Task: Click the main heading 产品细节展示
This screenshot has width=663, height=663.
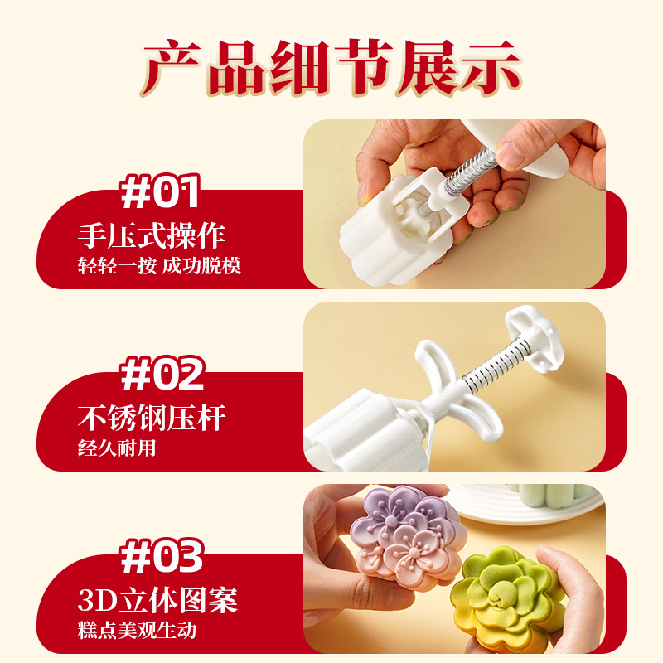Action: click(x=331, y=68)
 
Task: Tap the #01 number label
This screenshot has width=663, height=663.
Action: click(x=160, y=191)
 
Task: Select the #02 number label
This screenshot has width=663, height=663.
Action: click(x=162, y=374)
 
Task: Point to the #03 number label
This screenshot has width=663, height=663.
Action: click(x=162, y=556)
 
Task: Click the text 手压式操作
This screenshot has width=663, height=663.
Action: click(x=152, y=235)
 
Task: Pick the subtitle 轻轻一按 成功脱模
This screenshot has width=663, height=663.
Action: click(x=159, y=266)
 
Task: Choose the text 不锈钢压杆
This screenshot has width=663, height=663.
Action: click(x=152, y=418)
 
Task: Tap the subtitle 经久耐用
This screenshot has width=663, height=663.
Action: click(x=117, y=448)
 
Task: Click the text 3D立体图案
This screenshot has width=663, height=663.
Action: click(x=157, y=600)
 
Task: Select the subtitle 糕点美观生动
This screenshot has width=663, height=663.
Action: click(x=137, y=631)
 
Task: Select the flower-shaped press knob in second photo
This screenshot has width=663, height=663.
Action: click(x=535, y=339)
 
